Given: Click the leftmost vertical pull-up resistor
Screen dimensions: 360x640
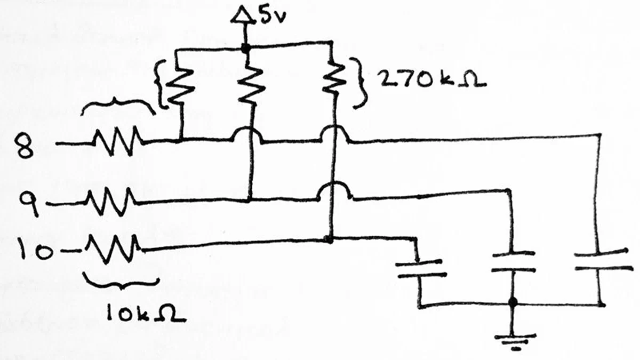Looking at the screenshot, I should (182, 85).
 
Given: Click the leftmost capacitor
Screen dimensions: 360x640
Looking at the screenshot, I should (421, 268).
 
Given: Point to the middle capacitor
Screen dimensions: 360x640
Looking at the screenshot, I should (513, 261).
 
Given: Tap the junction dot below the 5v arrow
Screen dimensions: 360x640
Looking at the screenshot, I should (245, 48).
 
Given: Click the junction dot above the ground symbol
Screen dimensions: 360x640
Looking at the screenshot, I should (513, 303).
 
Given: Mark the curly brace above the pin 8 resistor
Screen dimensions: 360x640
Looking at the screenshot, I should (118, 106).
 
